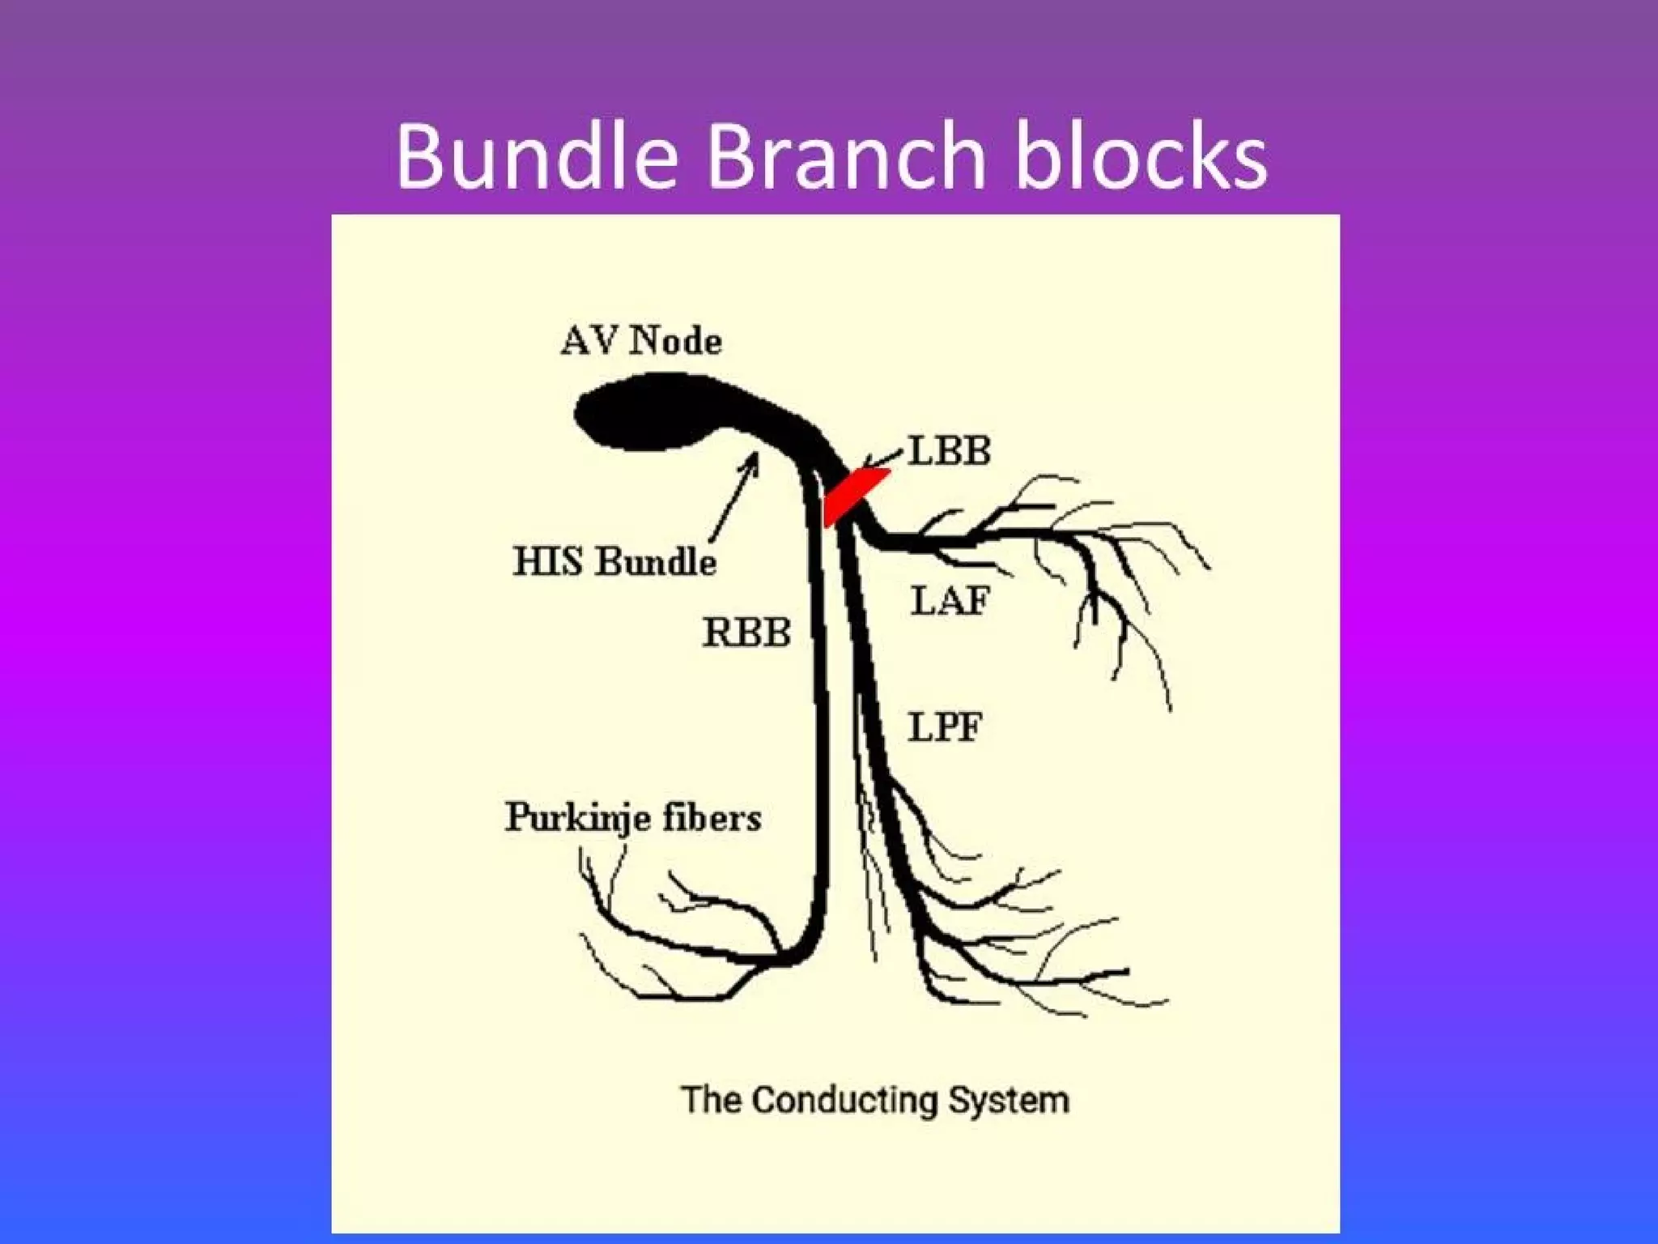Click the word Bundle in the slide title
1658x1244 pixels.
tap(536, 155)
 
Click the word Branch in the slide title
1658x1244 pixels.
tap(846, 155)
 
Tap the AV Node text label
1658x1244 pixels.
tap(640, 340)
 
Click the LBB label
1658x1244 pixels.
tap(949, 451)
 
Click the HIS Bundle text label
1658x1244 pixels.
tap(614, 561)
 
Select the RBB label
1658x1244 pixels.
tap(746, 633)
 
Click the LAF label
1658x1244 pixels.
tap(950, 601)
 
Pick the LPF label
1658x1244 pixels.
tap(944, 726)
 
